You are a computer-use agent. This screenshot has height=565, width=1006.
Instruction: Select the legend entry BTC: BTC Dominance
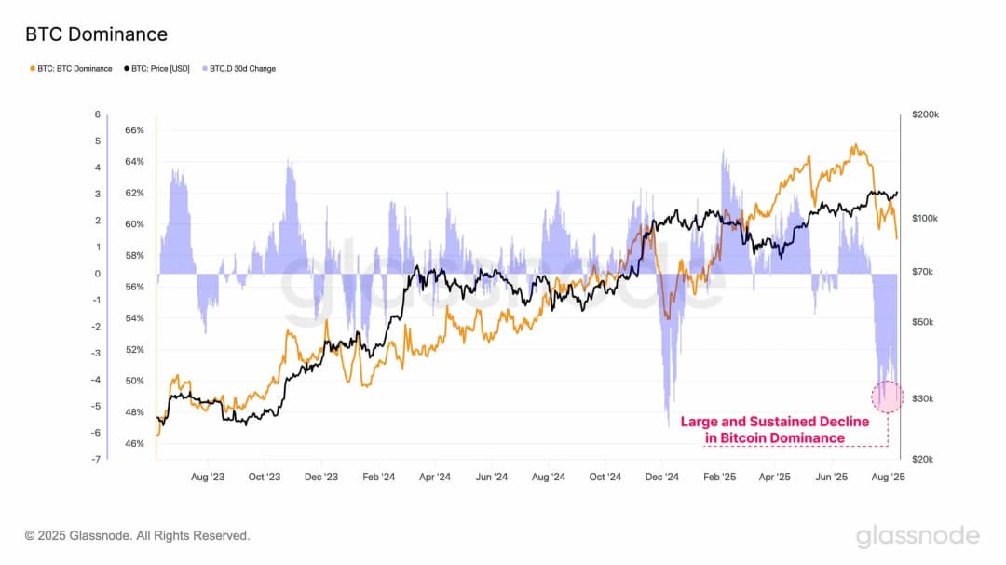pyautogui.click(x=72, y=69)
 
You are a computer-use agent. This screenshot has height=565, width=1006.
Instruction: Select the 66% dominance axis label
pyautogui.click(x=134, y=130)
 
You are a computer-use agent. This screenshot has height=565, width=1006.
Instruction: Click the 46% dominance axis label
pyautogui.click(x=134, y=444)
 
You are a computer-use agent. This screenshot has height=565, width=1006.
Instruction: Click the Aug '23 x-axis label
pyautogui.click(x=207, y=476)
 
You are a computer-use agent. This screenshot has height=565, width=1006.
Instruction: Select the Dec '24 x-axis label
pyautogui.click(x=661, y=476)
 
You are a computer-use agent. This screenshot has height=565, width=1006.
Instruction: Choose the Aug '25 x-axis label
pyautogui.click(x=889, y=476)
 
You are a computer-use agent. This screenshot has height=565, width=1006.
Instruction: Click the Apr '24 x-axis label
pyautogui.click(x=434, y=476)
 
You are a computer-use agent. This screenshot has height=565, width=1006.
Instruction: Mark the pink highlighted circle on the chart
pyautogui.click(x=887, y=397)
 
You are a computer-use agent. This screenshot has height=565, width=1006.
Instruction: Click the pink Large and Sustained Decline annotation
pyautogui.click(x=774, y=430)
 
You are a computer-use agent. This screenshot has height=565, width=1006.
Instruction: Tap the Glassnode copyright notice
pyautogui.click(x=138, y=536)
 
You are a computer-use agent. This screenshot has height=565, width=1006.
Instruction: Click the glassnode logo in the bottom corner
pyautogui.click(x=918, y=536)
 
